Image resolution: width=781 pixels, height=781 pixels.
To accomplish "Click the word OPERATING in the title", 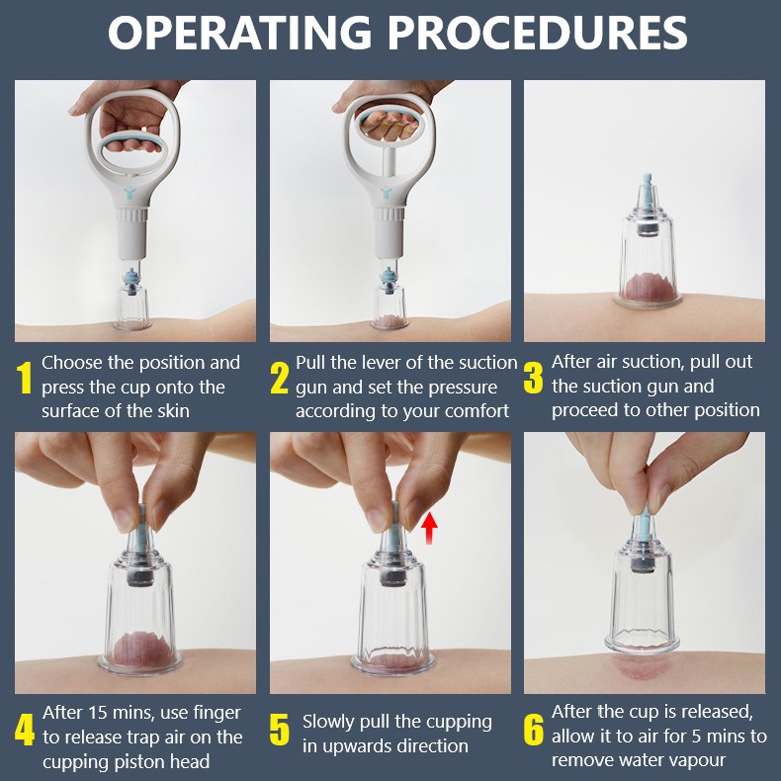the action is click(239, 33).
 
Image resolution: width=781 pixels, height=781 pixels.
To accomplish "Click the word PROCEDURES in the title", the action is click(538, 33).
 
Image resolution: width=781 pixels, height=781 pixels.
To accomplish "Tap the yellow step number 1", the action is click(24, 378).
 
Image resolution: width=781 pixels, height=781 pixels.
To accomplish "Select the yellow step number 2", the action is click(280, 379).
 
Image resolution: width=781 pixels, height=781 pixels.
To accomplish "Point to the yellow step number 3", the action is click(534, 378).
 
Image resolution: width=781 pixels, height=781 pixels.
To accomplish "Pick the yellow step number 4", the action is click(25, 731).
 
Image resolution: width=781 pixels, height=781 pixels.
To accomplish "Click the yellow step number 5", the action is click(280, 731).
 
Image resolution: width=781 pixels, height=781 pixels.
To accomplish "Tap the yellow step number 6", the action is click(534, 730).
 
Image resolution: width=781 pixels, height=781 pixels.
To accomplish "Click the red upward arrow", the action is click(429, 529).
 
